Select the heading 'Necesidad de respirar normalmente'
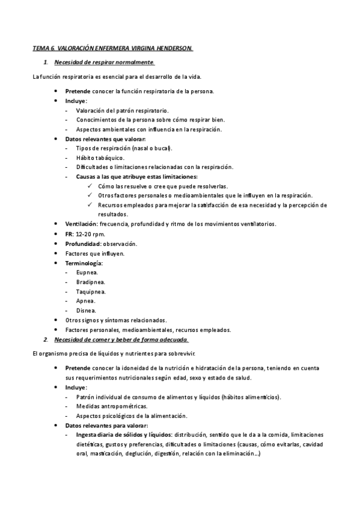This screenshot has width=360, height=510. point(104,62)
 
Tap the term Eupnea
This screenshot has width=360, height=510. point(87,272)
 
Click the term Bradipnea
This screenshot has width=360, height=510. point(90,281)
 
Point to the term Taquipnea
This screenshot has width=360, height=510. point(91,291)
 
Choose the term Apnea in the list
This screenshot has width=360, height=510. point(85,301)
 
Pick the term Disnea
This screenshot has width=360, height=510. point(87,310)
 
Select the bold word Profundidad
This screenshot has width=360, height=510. point(84,244)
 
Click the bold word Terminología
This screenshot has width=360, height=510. point(84,263)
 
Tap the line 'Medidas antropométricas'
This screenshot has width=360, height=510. point(112,406)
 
